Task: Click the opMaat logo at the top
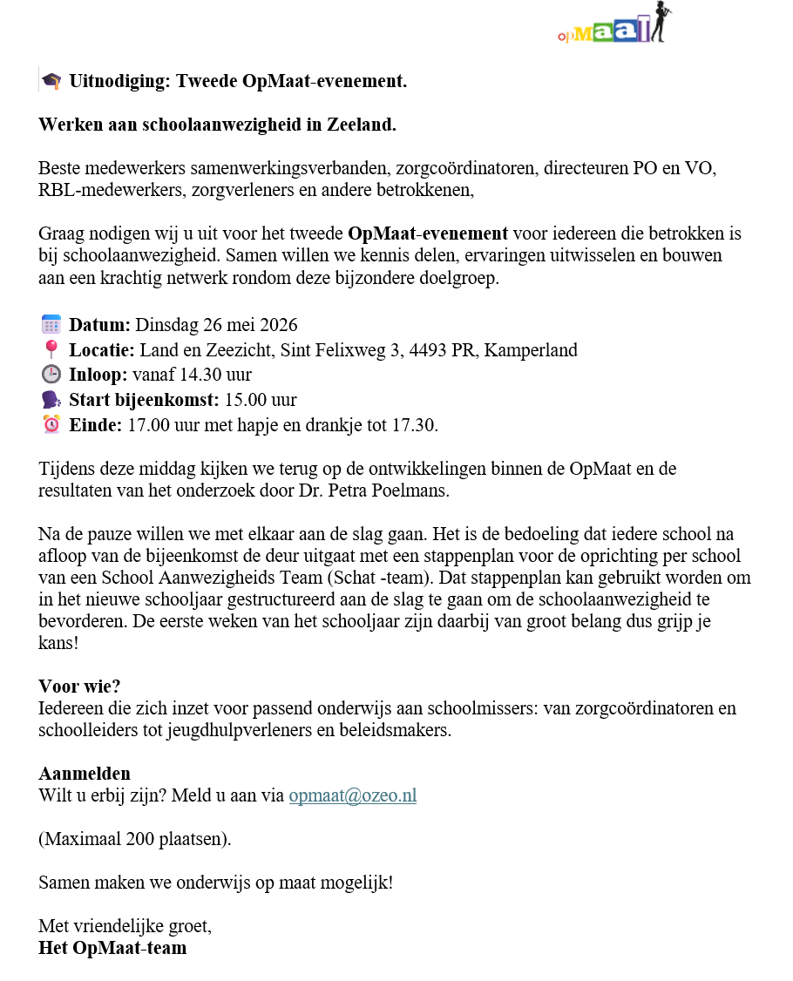tap(615, 24)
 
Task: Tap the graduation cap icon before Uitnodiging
tap(51, 82)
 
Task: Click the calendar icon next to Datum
tap(51, 325)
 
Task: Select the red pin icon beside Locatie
tap(51, 350)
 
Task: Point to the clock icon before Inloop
tap(51, 375)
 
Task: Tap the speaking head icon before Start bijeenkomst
tap(51, 400)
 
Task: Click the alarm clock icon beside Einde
tap(51, 425)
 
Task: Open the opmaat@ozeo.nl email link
tap(352, 795)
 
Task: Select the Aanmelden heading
tap(85, 773)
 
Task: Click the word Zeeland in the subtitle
tap(361, 125)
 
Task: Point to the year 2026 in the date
tap(276, 325)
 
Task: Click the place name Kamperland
tap(530, 350)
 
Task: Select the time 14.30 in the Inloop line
tap(198, 375)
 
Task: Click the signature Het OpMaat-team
tap(112, 947)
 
